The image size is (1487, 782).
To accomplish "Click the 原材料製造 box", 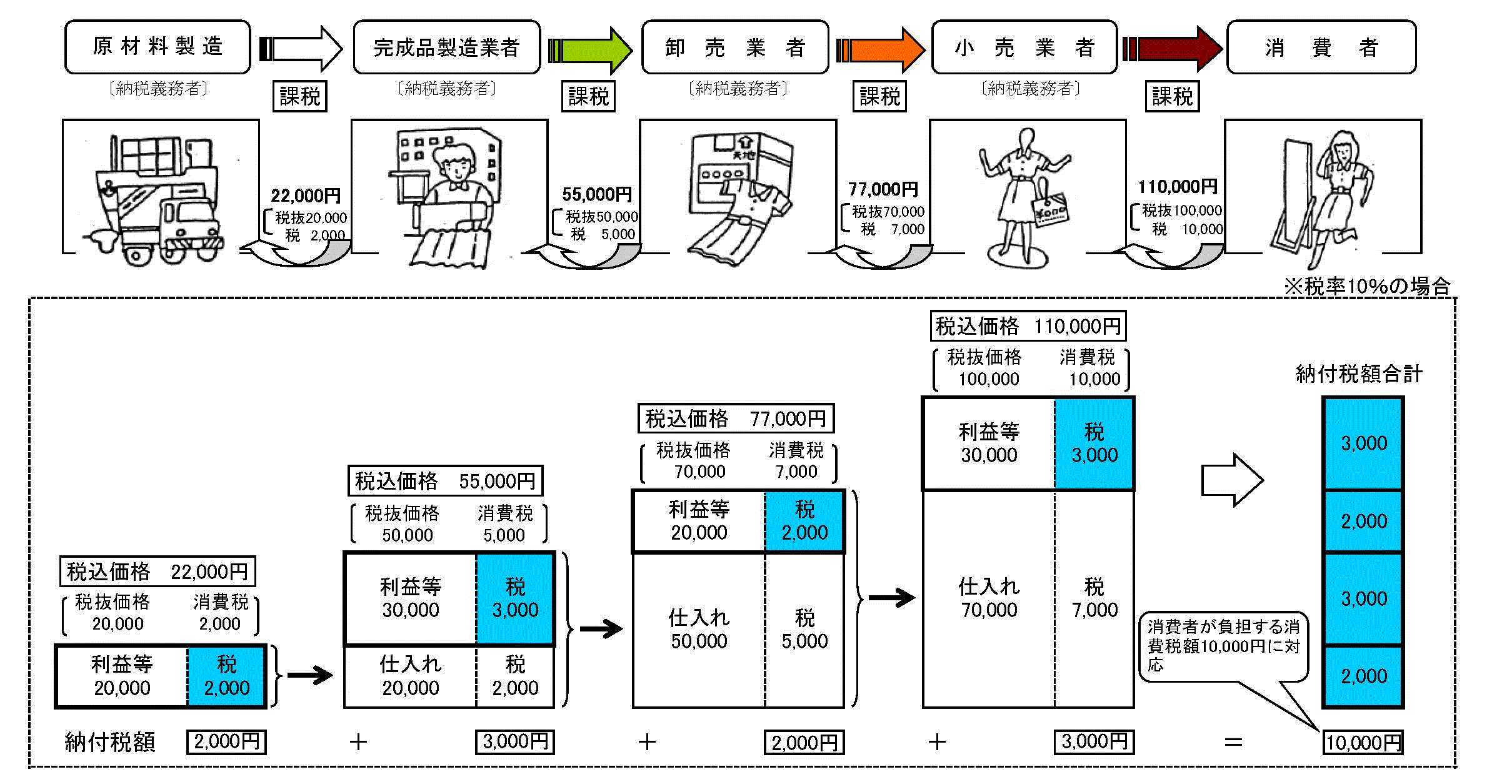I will click(158, 47).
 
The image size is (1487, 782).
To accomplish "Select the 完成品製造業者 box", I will click(446, 47).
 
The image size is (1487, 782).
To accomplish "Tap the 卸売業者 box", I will click(735, 47).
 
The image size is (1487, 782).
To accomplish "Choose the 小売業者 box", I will click(1024, 47).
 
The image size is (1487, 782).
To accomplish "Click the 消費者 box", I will click(1321, 47).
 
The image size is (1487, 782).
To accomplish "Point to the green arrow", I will click(591, 49).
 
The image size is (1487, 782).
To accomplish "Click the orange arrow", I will click(881, 49).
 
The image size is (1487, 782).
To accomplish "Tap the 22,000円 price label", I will click(306, 196).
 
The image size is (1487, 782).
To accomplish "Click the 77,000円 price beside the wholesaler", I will click(883, 189).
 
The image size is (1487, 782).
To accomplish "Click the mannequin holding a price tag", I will click(1025, 197).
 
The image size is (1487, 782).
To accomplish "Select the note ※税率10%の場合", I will click(1367, 287).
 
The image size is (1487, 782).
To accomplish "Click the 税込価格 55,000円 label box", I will click(445, 481).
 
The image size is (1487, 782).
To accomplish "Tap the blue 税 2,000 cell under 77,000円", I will click(804, 521).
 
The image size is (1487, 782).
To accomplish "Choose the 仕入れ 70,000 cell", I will click(989, 598).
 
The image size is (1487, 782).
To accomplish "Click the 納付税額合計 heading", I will click(1359, 374).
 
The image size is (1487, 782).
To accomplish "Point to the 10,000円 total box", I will click(1363, 743).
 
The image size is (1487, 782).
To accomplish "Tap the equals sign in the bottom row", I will click(1233, 742).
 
